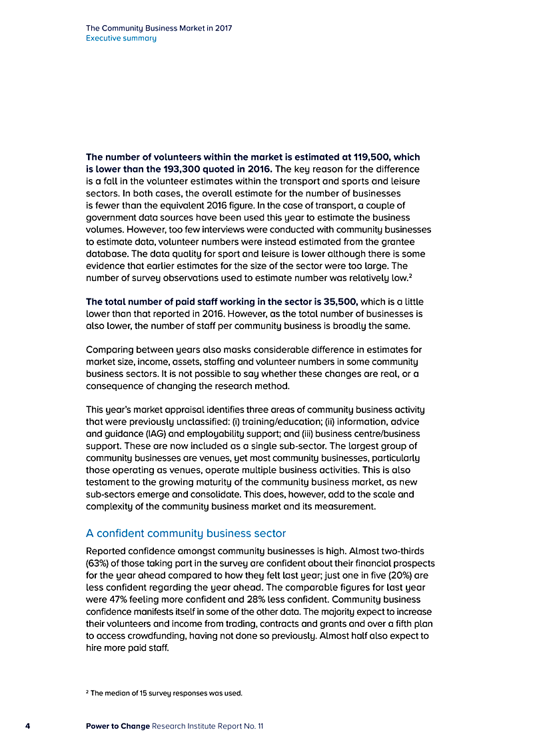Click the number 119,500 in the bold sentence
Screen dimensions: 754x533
pyautogui.click(x=364, y=157)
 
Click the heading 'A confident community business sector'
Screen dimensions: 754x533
pyautogui.click(x=186, y=533)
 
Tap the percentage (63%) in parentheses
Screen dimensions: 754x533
pyautogui.click(x=100, y=564)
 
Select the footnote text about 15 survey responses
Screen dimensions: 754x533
pyautogui.click(x=166, y=693)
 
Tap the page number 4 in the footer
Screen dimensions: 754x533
pyautogui.click(x=27, y=725)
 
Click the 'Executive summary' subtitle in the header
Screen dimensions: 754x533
pyautogui.click(x=121, y=38)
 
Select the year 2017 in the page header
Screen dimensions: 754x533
pyautogui.click(x=221, y=29)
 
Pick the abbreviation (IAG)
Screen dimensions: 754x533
pyautogui.click(x=158, y=433)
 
